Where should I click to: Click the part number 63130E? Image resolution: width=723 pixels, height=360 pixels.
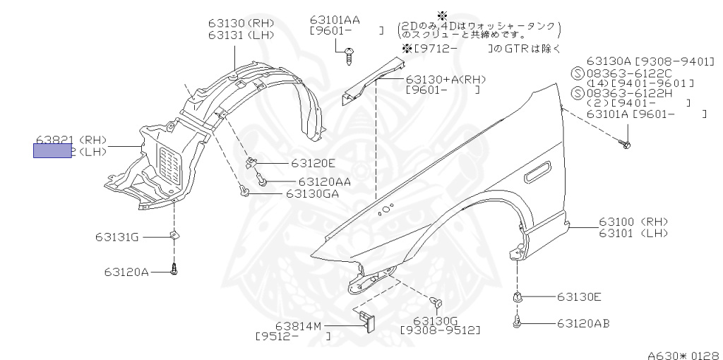578,297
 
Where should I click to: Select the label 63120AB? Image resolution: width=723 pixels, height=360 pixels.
582,324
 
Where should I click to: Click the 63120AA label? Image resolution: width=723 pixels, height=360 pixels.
324,181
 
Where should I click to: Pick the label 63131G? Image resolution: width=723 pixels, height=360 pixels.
117,237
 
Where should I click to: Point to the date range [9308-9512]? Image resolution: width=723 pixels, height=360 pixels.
440,330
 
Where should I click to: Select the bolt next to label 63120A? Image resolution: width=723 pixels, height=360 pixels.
174,268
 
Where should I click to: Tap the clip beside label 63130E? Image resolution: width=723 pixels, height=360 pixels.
517,297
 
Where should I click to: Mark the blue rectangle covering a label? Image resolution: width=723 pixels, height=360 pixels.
52,150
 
